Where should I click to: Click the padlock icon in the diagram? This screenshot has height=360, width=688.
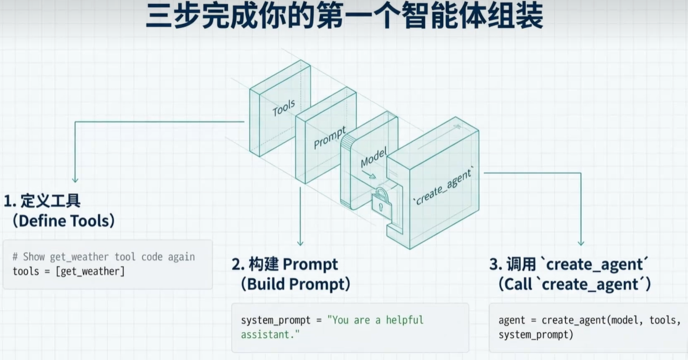pos(382,203)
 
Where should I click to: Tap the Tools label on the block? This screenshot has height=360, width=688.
pos(283,107)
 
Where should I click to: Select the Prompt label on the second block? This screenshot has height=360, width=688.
pos(329,138)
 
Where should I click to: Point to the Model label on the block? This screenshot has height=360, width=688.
pos(374,158)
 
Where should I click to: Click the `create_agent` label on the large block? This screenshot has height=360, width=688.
pos(443,187)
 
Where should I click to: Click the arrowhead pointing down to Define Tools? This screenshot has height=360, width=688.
pos(75,179)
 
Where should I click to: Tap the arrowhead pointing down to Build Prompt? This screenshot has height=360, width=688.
pos(301,243)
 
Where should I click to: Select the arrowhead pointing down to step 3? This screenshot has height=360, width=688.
pos(581,243)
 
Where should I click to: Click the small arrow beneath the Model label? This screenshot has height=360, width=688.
pos(369,174)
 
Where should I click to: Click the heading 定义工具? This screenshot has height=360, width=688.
pos(51,201)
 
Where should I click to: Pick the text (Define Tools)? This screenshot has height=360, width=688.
pos(64,221)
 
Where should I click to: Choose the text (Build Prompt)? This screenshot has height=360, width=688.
pos(296,284)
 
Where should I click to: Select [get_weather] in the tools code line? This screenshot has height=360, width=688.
pos(90,271)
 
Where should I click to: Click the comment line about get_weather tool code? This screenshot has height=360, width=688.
pos(104,256)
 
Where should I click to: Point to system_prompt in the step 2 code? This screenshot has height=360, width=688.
pos(276,320)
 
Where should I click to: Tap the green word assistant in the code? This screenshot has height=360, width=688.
pos(263,335)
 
